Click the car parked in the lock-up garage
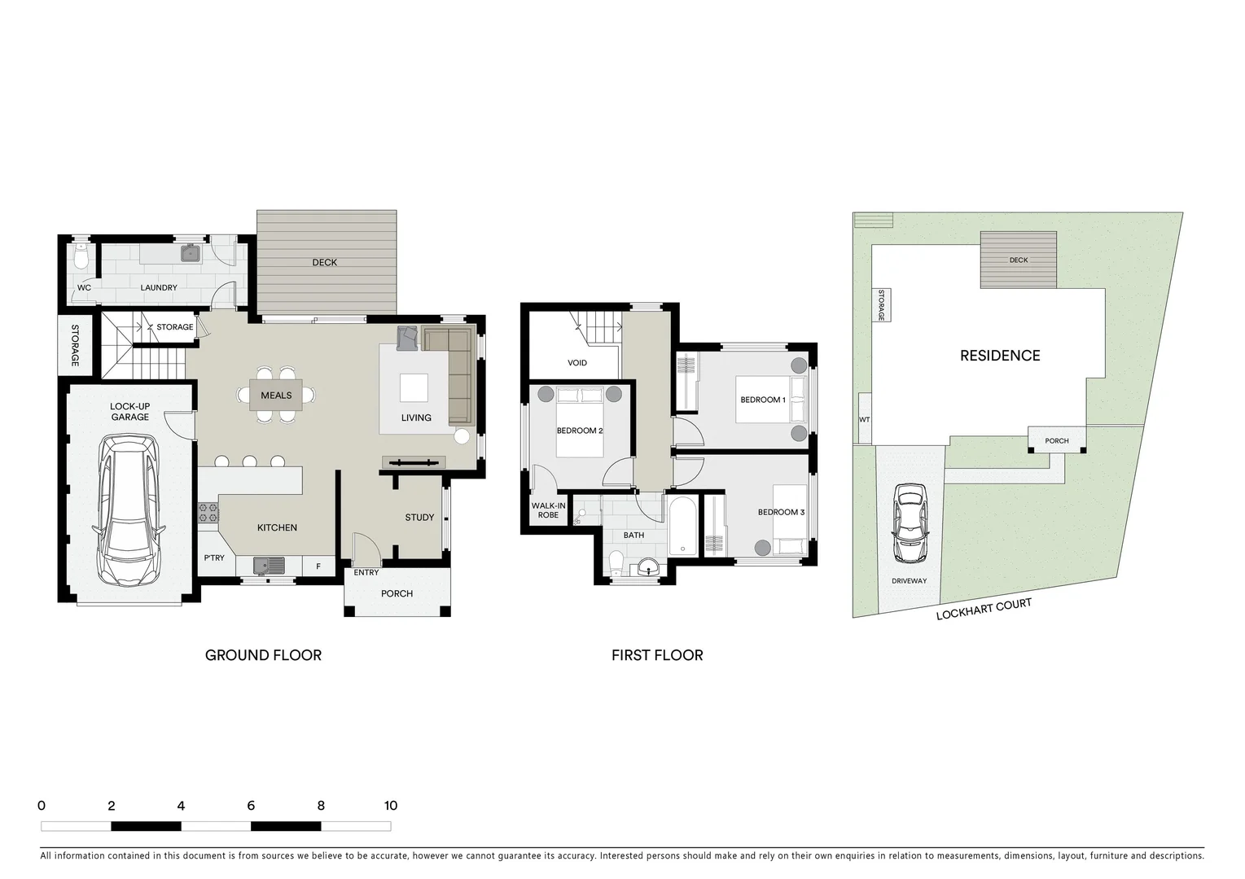tap(129, 510)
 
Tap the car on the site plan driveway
tap(910, 523)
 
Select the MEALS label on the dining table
tap(276, 396)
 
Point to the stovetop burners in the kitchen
tap(208, 513)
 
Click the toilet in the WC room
tap(80, 258)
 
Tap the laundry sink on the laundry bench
tap(191, 254)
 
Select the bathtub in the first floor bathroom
tap(682, 527)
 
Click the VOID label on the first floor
tap(577, 363)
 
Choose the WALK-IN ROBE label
tap(548, 510)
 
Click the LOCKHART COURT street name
tap(984, 609)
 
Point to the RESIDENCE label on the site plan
tap(1000, 356)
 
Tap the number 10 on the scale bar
tap(391, 806)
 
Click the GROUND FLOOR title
tap(263, 655)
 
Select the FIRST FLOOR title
tap(657, 655)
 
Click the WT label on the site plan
tap(864, 420)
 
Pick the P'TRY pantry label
tap(214, 558)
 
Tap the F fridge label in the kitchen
tap(318, 566)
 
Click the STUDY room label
tap(419, 518)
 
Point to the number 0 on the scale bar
tap(42, 806)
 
